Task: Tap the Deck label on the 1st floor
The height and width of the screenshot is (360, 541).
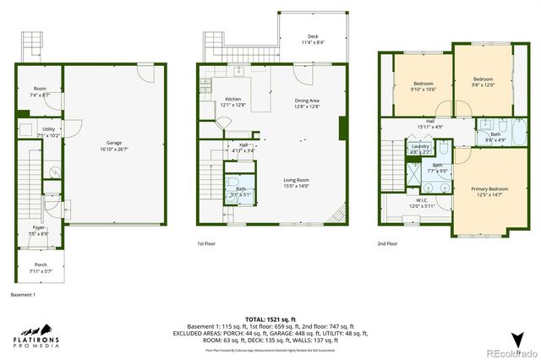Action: [313, 39]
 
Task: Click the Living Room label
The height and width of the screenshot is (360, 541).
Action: [296, 183]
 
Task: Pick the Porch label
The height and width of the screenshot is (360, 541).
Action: [41, 268]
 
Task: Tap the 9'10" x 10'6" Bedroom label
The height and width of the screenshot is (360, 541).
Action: [424, 86]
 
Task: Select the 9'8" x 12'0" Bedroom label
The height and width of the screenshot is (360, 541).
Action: [484, 81]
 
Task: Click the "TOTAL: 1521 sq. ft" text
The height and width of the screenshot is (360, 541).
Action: [270, 319]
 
